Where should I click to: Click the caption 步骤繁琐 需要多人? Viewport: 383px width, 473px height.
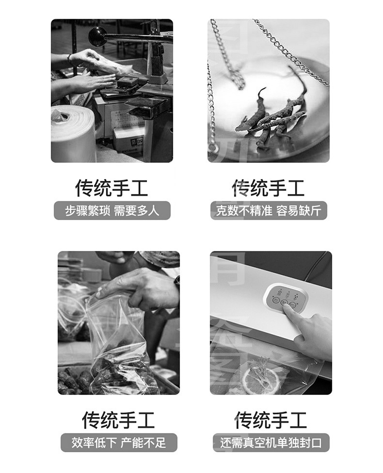pos(112,210)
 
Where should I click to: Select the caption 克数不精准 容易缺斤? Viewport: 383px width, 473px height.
pos(268,210)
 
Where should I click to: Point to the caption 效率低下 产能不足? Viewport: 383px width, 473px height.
pos(119,442)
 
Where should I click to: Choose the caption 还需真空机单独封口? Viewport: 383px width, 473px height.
pos(271,442)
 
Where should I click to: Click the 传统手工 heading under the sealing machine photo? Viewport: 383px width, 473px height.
pos(112,188)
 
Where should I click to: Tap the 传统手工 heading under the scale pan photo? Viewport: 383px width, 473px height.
pos(268,188)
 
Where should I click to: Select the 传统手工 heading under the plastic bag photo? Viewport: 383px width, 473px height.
pos(118,420)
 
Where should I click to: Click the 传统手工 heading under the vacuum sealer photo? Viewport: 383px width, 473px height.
pos(271,420)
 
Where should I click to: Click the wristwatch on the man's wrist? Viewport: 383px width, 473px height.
pos(177,281)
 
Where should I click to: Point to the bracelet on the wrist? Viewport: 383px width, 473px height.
pos(69,59)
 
